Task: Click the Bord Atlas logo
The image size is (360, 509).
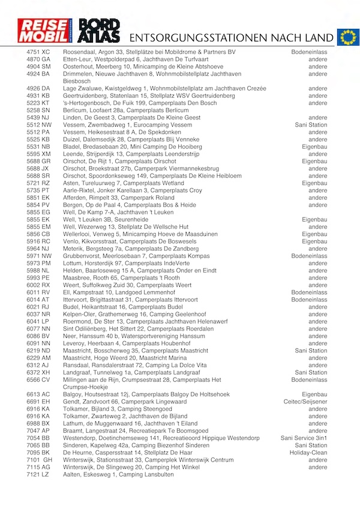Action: pyautogui.click(x=100, y=31)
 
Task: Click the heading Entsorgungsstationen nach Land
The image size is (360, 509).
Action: pyautogui.click(x=230, y=38)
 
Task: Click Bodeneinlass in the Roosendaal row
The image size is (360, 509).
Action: pyautogui.click(x=309, y=52)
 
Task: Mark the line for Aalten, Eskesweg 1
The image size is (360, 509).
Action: pyautogui.click(x=118, y=474)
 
